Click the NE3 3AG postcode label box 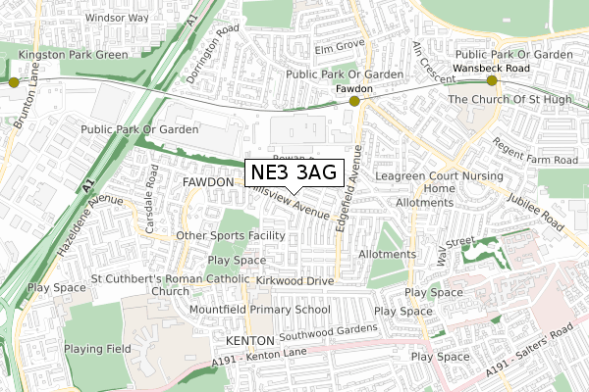(294, 173)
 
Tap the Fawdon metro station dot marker (354, 100)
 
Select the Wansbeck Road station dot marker (492, 81)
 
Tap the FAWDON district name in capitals (207, 182)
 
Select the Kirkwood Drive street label (295, 280)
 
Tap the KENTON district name (247, 340)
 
